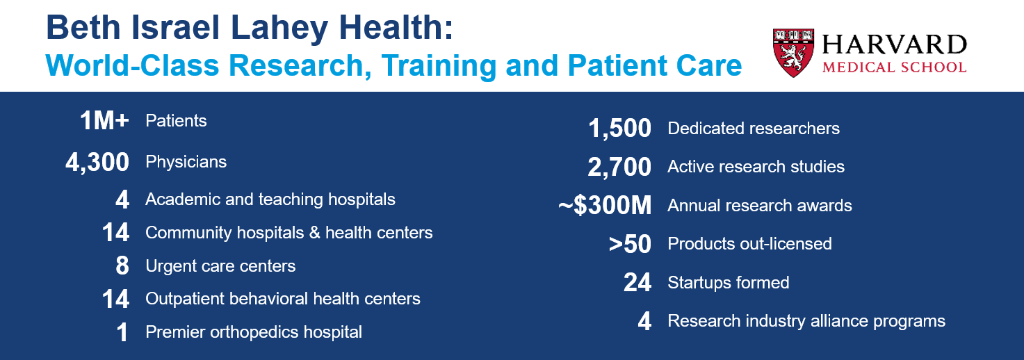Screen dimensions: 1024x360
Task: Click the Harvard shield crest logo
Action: pos(794,52)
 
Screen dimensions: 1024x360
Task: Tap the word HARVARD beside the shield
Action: pos(895,44)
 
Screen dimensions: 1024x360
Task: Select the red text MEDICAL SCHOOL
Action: pos(895,67)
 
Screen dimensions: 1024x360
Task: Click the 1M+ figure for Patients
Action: pos(104,121)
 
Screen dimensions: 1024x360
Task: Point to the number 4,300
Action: pos(97,163)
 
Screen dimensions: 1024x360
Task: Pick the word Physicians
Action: pos(186,162)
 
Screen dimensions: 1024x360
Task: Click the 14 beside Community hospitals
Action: pos(115,233)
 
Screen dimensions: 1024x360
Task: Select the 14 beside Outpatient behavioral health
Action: pos(115,300)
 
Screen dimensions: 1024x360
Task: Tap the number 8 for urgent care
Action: pos(122,266)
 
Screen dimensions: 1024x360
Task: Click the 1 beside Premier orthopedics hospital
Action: pos(122,333)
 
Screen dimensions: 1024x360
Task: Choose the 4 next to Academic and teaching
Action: pos(122,199)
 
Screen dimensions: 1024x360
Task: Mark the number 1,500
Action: pos(620,129)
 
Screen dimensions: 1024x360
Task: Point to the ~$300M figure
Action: pos(605,206)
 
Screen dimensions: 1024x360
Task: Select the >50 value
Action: pos(630,244)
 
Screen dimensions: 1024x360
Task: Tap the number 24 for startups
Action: pos(637,282)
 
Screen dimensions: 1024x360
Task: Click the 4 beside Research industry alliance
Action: pos(644,321)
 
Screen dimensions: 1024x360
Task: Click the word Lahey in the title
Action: pos(279,28)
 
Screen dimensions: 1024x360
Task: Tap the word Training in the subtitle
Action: pos(439,67)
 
